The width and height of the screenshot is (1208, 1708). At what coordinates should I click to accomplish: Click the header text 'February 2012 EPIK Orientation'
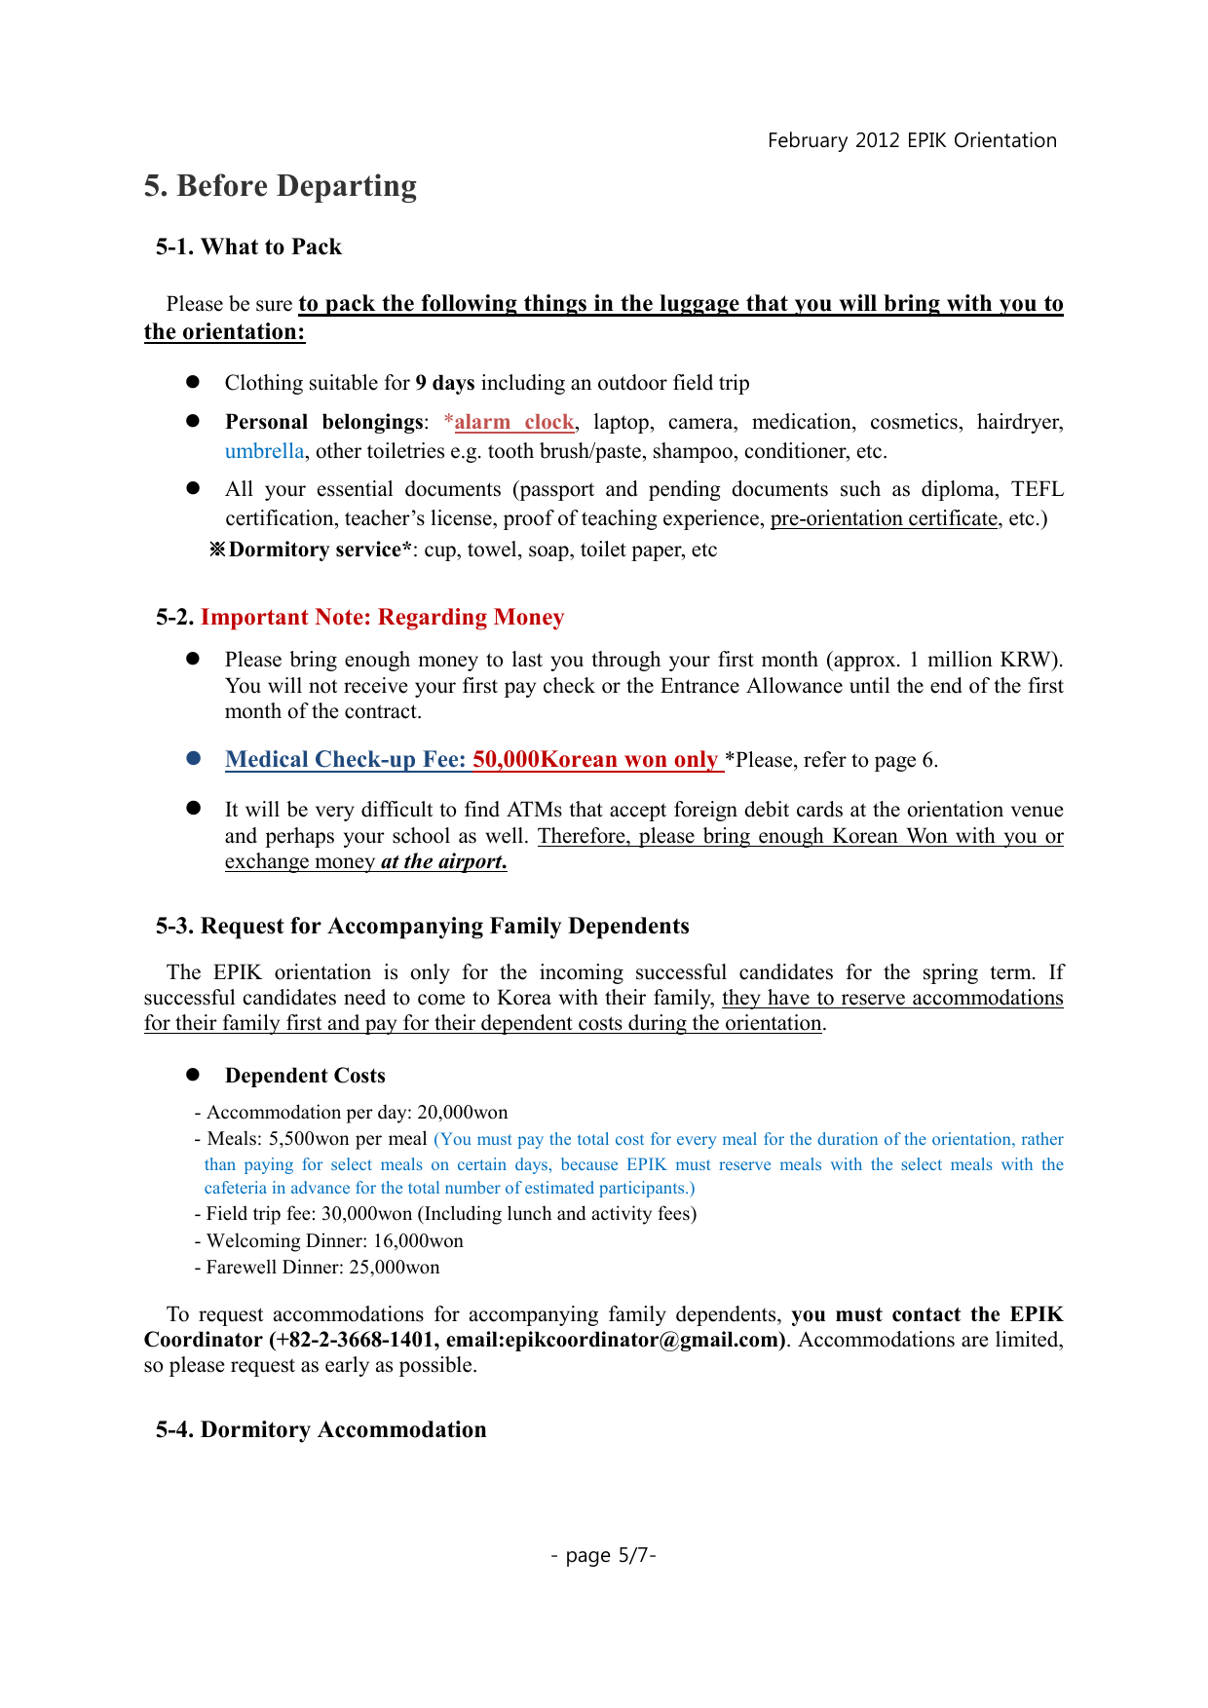[x=912, y=140]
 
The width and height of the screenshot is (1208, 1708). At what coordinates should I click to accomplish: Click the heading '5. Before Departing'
[x=281, y=186]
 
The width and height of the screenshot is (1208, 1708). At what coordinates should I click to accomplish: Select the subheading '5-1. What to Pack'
[x=248, y=247]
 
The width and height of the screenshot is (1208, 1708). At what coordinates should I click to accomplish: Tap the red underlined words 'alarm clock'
[x=513, y=422]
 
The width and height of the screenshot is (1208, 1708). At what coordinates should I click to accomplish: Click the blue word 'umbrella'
[x=264, y=451]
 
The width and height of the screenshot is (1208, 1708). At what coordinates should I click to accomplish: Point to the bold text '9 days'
[x=445, y=383]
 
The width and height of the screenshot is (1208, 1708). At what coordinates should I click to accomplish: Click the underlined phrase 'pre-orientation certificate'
[x=884, y=518]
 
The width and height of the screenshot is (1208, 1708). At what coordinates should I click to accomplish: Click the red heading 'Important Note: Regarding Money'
[x=382, y=618]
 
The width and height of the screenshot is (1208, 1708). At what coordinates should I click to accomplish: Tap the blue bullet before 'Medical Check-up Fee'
[x=193, y=758]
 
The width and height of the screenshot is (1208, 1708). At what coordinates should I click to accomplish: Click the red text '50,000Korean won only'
[x=595, y=760]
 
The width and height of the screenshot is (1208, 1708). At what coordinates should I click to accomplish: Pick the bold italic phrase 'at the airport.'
[x=443, y=861]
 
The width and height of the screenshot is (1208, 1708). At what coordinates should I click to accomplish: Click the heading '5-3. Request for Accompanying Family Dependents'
[x=422, y=926]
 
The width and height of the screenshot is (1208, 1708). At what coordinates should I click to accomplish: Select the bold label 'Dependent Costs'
[x=305, y=1076]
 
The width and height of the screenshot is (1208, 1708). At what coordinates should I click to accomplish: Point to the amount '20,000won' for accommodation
[x=462, y=1113]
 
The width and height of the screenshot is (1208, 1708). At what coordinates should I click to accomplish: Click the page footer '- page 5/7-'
[x=603, y=1555]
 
